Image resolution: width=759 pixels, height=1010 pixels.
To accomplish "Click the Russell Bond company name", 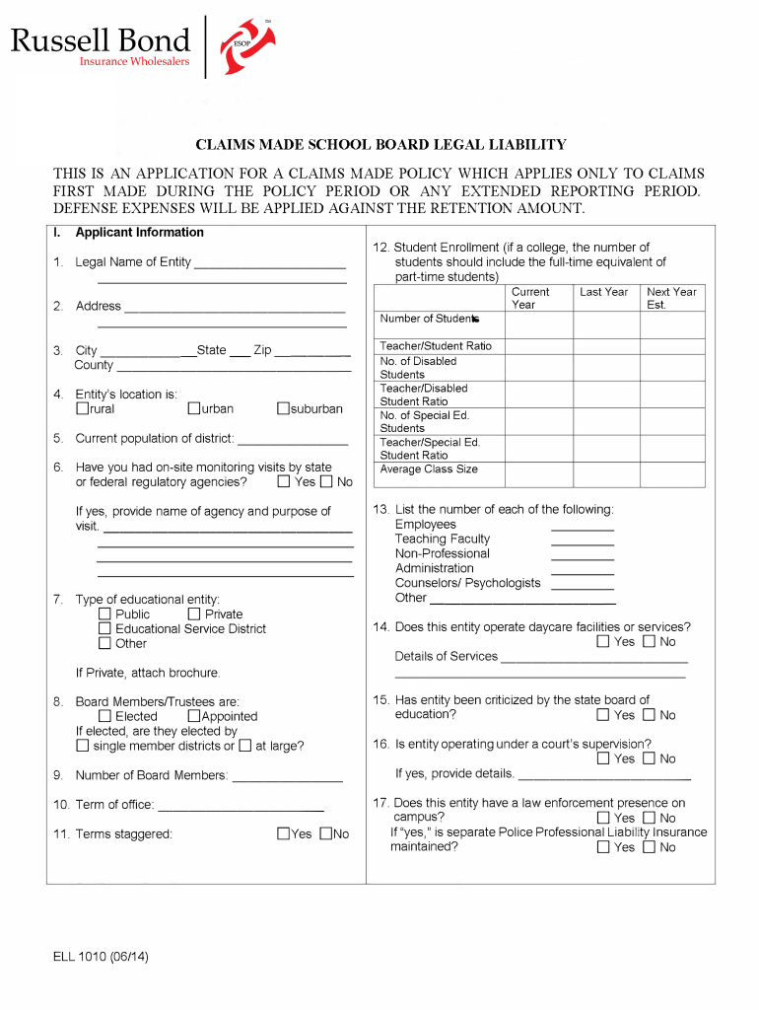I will point(100,40).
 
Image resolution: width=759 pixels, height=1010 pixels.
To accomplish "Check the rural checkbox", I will point(83,408).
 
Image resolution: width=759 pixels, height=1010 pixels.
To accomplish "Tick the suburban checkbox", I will point(284,408).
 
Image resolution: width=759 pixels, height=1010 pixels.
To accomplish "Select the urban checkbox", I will point(194,408).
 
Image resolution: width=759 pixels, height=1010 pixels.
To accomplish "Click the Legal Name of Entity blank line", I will point(270,262).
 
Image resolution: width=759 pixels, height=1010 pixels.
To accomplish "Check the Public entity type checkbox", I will point(105,613).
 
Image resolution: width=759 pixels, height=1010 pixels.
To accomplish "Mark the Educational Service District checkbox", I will point(105,628).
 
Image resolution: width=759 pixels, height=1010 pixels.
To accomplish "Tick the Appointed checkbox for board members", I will point(194,716).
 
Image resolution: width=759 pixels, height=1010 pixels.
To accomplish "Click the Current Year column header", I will point(530,298).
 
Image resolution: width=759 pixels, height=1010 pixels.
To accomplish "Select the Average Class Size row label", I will point(429,469).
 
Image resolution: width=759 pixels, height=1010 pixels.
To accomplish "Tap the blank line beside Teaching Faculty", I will point(582,540).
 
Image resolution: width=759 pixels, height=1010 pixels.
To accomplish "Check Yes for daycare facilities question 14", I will point(603,642).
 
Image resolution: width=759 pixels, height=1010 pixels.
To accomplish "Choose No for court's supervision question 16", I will point(649,758).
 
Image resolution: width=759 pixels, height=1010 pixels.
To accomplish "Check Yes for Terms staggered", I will point(283,833).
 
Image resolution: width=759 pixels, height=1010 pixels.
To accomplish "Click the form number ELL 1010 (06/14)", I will point(102,957).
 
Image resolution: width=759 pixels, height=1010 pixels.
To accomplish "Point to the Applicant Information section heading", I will point(139,233).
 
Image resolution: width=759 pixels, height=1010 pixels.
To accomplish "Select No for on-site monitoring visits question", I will point(326,482).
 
